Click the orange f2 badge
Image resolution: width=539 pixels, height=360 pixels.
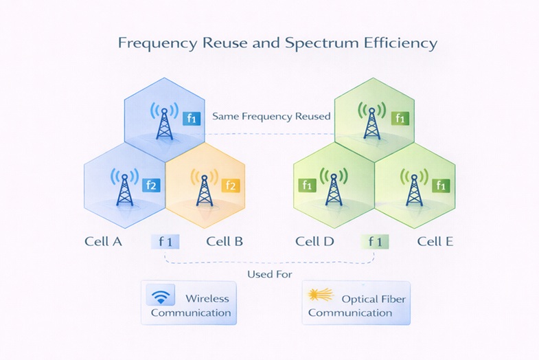[231, 185]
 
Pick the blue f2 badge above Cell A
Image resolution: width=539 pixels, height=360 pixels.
[151, 185]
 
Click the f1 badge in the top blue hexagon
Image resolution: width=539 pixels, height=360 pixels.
[192, 118]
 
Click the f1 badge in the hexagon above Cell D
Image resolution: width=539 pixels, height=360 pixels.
[307, 185]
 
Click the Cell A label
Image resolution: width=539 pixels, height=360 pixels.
[103, 241]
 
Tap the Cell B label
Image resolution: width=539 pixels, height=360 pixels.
[225, 241]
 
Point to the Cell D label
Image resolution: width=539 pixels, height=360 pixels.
[314, 241]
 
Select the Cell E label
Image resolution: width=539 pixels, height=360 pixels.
[435, 241]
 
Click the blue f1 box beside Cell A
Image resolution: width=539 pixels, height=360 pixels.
[165, 241]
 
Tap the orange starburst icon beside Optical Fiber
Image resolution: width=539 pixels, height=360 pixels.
[321, 295]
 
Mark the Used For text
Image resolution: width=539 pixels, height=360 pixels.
[269, 274]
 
